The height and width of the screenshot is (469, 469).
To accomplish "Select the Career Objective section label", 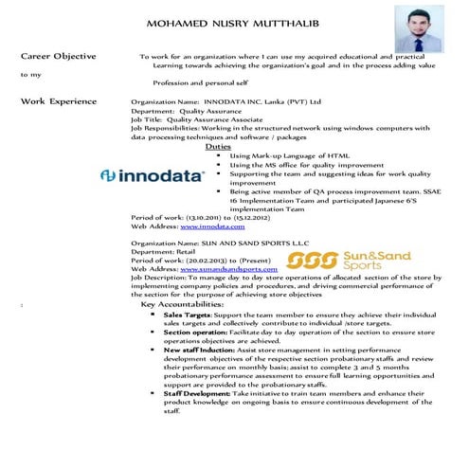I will pyautogui.click(x=59, y=57).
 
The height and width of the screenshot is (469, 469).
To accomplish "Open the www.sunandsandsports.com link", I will pyautogui.click(x=227, y=269).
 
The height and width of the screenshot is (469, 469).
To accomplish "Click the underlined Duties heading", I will pyautogui.click(x=217, y=146).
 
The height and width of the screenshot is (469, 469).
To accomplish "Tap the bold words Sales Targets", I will pyautogui.click(x=187, y=315).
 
